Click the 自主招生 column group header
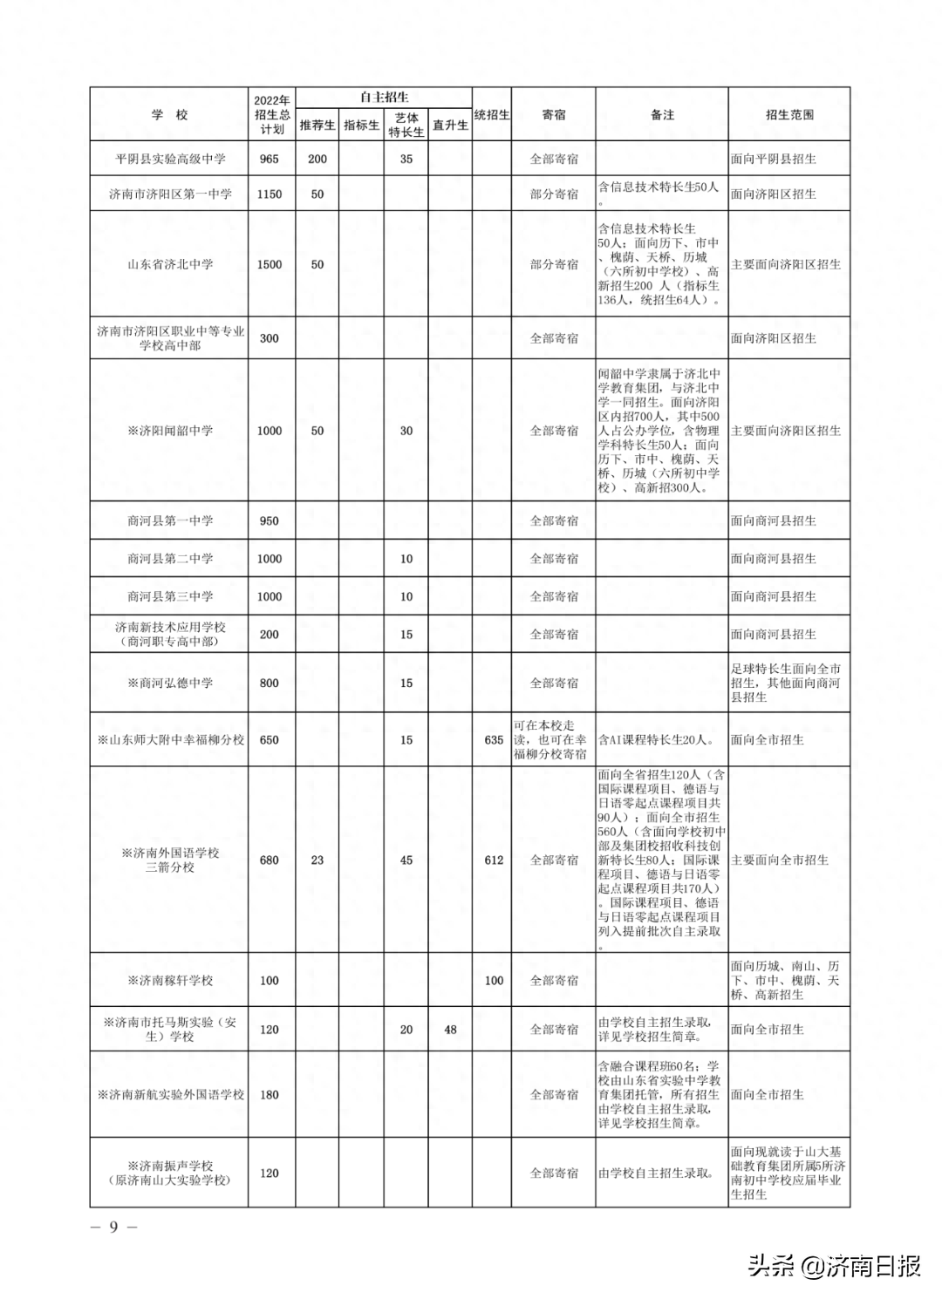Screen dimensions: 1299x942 tap(384, 98)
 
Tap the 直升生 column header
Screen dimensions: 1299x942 tap(450, 126)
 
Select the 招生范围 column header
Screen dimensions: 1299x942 tap(789, 114)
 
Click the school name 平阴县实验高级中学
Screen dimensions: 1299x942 tap(170, 159)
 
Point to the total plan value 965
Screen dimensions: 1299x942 tap(270, 159)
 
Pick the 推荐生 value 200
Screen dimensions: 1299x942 tap(317, 159)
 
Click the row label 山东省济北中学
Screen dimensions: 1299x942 tap(170, 264)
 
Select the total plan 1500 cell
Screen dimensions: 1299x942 tap(270, 264)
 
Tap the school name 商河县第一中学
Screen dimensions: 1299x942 tap(170, 520)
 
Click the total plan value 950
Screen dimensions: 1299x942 tap(270, 520)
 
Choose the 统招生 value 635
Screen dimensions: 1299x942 tap(494, 740)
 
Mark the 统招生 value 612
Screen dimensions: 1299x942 tap(494, 860)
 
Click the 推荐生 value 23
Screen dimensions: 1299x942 tap(317, 860)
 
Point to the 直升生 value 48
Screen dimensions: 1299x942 tap(450, 1030)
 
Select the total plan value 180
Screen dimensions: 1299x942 tap(270, 1094)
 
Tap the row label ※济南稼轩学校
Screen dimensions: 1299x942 tap(170, 981)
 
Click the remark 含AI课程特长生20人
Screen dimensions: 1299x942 tap(656, 740)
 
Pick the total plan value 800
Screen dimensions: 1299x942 tap(270, 683)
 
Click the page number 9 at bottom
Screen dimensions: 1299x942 tap(113, 1227)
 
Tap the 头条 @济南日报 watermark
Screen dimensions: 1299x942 tap(834, 1266)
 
